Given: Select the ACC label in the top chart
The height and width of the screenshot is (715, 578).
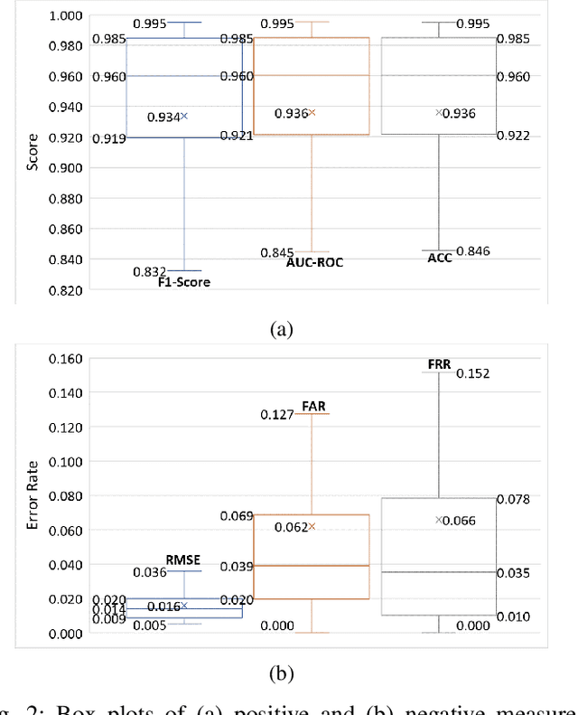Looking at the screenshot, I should [439, 258].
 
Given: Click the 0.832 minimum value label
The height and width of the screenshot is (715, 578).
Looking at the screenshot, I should [149, 271].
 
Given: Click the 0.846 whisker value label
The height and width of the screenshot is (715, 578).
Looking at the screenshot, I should [473, 250].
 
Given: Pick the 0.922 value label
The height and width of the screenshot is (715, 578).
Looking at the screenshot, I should [513, 136].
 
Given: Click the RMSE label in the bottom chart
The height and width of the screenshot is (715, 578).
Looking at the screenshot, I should [181, 560].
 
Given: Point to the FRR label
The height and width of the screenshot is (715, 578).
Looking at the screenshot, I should [439, 363].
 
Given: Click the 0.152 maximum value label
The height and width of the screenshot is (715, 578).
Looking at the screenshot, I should [472, 373].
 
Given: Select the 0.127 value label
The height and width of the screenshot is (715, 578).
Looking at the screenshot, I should [277, 415].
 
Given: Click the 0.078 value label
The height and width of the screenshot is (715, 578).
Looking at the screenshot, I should [513, 498].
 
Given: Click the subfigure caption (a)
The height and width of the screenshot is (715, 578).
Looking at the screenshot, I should [282, 331].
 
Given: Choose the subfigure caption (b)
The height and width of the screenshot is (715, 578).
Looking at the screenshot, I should [282, 674].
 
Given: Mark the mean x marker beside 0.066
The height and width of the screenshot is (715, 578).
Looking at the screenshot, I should [440, 520].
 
